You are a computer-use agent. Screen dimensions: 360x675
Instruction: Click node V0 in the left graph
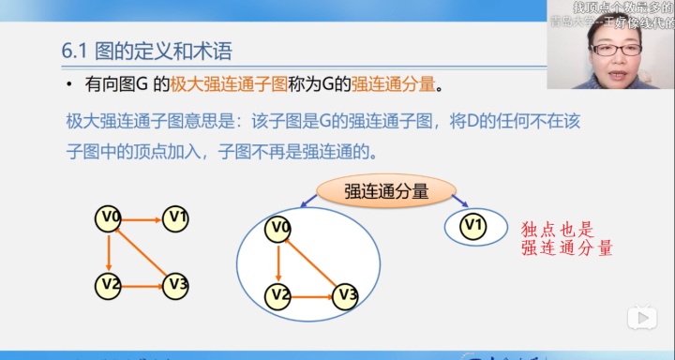click(109, 218)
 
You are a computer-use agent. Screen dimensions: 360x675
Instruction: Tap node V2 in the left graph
click(109, 283)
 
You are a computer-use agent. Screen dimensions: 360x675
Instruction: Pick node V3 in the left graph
click(175, 284)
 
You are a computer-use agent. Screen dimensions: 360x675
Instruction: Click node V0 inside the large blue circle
click(278, 228)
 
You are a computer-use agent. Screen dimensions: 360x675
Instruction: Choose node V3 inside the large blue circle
click(345, 296)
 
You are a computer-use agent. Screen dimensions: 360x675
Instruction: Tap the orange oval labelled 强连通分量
click(386, 191)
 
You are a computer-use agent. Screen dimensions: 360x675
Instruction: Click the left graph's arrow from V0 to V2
click(109, 251)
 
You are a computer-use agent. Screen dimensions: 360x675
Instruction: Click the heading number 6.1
click(73, 51)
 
